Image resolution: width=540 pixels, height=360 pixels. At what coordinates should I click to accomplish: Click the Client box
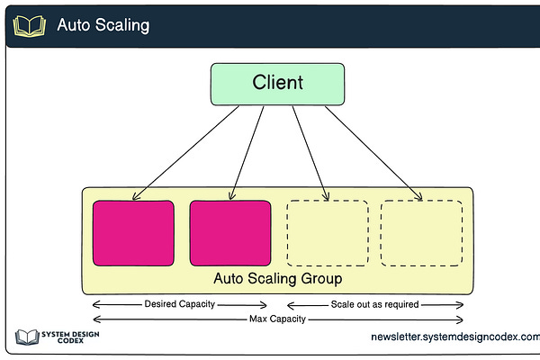point(277,84)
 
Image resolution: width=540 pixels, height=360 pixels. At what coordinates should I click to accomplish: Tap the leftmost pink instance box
point(133,233)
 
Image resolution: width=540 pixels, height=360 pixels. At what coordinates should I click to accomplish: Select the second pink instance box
point(230,233)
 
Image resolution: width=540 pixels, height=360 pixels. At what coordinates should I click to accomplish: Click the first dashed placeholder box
point(327,233)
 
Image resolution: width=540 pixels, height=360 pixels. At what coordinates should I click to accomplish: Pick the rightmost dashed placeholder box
point(422,233)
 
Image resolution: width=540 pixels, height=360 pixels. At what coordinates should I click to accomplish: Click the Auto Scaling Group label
point(277,279)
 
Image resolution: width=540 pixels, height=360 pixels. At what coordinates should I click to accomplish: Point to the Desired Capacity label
point(180,304)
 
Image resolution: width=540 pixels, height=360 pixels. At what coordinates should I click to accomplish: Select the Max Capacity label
point(277,319)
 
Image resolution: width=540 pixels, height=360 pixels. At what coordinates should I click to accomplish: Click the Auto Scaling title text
point(103,25)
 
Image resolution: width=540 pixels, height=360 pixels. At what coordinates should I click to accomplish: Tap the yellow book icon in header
point(29,25)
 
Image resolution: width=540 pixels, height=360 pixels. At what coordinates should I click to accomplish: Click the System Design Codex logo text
point(70,338)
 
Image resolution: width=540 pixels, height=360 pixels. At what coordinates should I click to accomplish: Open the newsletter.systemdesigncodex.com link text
point(454,337)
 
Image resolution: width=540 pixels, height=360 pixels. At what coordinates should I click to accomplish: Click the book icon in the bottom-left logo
point(25,338)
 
